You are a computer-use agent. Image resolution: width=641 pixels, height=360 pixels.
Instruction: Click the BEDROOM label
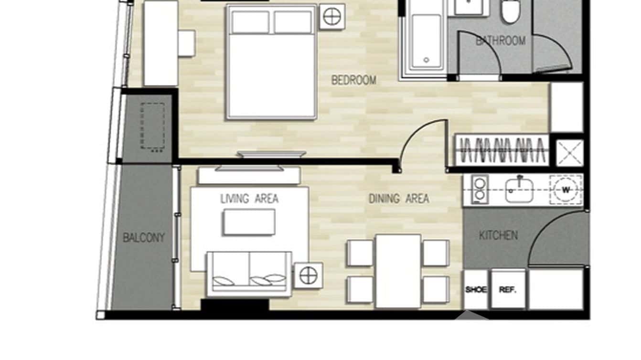tap(353, 80)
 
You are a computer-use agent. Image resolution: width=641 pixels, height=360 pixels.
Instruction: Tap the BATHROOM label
tap(500, 41)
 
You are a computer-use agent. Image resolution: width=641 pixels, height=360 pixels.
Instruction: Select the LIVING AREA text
tap(249, 199)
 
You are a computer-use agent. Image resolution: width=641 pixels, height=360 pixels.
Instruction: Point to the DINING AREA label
tap(398, 199)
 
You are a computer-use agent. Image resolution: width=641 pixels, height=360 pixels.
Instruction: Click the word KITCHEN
tap(498, 235)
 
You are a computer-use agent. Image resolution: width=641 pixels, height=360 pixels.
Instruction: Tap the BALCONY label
tap(143, 238)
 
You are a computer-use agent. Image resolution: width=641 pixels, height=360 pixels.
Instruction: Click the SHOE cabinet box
tap(475, 289)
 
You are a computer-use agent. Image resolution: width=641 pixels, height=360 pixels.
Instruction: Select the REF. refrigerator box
tap(508, 289)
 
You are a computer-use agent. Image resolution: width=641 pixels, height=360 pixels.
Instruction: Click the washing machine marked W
tap(566, 190)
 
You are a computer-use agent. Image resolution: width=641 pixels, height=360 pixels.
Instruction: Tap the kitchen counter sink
tap(519, 190)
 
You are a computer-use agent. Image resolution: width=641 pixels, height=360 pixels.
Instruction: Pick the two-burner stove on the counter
tap(479, 190)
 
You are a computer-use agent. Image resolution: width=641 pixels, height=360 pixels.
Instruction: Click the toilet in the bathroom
tap(511, 12)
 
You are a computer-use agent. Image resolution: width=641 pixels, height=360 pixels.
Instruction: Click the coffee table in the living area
tap(249, 222)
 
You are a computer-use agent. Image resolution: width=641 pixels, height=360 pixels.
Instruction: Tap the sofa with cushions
tap(249, 273)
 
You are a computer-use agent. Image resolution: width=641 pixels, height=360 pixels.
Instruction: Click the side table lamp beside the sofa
tap(309, 275)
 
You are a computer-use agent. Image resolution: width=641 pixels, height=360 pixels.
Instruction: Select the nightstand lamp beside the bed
tap(332, 17)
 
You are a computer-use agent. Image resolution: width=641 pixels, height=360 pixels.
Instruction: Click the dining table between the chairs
tap(398, 271)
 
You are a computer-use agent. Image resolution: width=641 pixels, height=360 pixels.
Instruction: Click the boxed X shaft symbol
tap(570, 153)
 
